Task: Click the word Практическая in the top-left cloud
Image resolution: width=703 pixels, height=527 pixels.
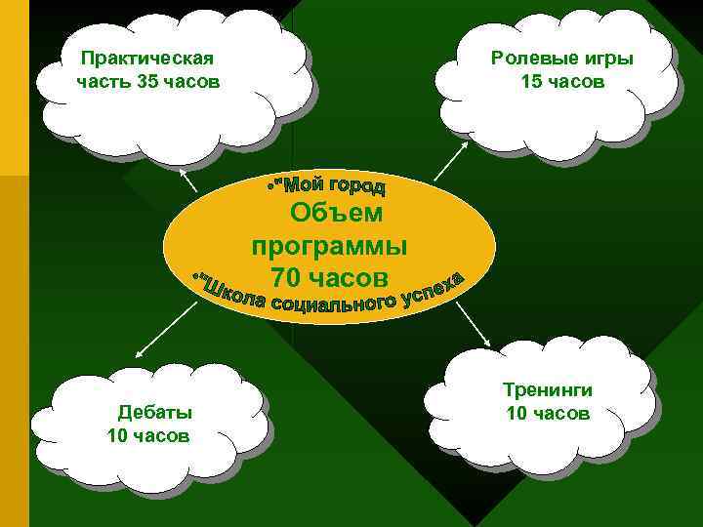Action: point(147,59)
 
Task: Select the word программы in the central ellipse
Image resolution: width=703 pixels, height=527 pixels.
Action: point(329,245)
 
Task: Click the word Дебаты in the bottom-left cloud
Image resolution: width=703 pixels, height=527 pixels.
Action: point(155,411)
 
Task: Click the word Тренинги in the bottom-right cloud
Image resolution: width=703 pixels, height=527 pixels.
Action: point(548,390)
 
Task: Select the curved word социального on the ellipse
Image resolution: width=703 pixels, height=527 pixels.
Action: point(335,304)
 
